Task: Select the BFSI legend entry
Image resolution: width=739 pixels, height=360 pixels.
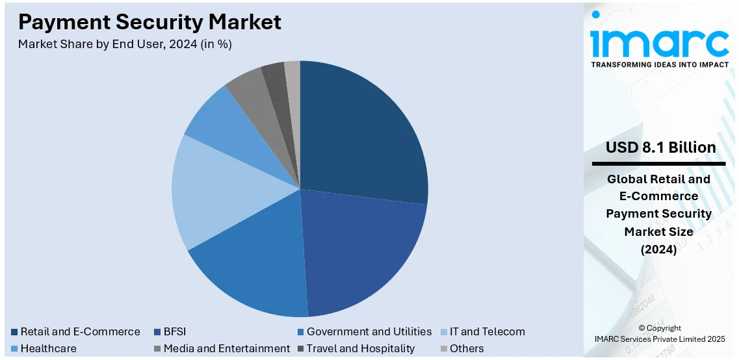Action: click(174, 331)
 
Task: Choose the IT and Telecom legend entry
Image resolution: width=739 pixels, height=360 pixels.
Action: click(487, 331)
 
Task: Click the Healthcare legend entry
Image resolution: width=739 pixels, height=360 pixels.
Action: click(48, 348)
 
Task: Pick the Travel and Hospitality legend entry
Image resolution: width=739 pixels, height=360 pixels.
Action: click(360, 348)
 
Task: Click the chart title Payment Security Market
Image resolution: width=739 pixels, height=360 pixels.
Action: click(150, 22)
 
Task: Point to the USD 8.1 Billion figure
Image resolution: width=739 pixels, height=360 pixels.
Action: click(660, 148)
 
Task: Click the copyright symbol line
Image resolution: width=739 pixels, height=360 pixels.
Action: click(660, 328)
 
